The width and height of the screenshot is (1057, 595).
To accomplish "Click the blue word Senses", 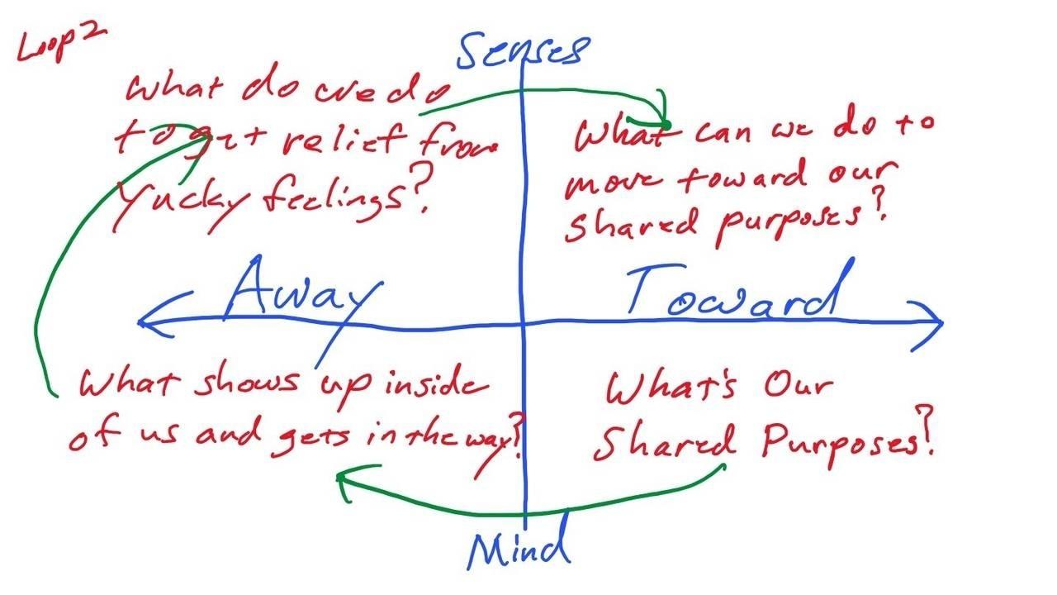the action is tap(523, 50).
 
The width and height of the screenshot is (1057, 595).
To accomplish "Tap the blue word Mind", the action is tap(519, 543).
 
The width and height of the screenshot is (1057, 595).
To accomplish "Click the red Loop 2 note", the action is tap(62, 44).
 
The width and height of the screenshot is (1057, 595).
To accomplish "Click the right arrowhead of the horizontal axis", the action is tap(926, 326).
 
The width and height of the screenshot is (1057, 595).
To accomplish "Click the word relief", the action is tap(344, 140).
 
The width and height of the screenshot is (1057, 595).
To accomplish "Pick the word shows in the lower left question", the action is tap(246, 383).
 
